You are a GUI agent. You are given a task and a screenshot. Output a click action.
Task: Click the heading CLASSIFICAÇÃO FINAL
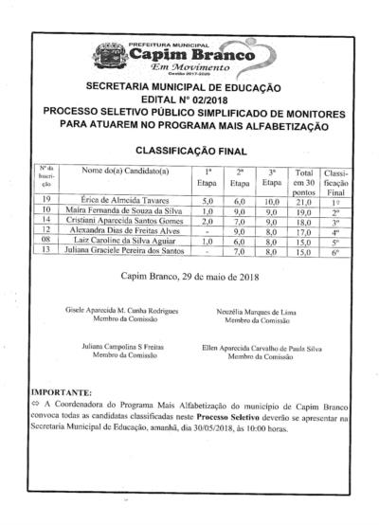[x=192, y=150]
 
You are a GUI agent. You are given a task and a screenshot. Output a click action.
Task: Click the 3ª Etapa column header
[x=272, y=177]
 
